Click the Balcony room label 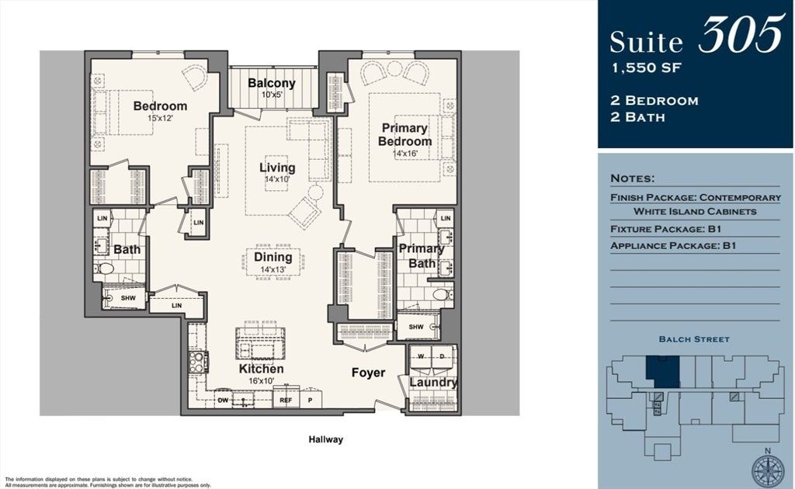(x=271, y=83)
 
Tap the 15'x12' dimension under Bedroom (x=160, y=118)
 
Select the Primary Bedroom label (x=404, y=135)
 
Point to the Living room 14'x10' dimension (x=277, y=179)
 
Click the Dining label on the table (x=273, y=258)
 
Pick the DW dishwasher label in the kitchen (x=223, y=401)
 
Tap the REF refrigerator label (x=286, y=401)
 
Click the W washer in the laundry (x=421, y=356)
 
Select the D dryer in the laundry (x=442, y=356)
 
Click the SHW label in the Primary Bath (x=416, y=327)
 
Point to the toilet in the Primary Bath (x=442, y=294)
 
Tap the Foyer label (x=369, y=373)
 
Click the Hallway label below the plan (x=326, y=439)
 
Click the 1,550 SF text (x=647, y=68)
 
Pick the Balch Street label (x=694, y=339)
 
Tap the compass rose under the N (x=767, y=470)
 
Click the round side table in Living (x=315, y=192)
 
